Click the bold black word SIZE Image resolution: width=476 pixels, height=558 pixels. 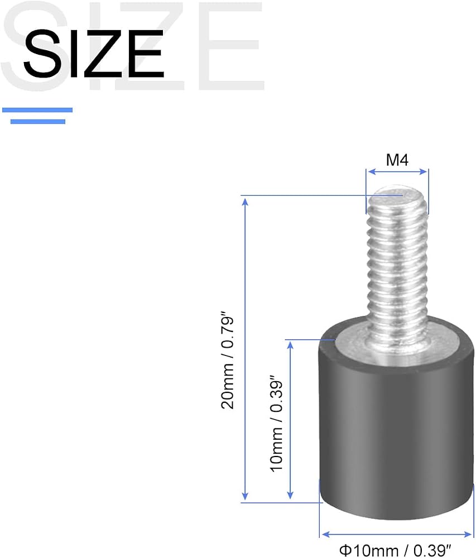click(94, 54)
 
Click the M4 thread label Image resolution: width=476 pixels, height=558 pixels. click(397, 160)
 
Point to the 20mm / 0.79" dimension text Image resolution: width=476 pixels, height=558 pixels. click(228, 360)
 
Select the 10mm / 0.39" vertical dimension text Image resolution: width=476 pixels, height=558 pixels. click(276, 424)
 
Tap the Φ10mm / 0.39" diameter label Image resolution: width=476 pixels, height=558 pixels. click(395, 551)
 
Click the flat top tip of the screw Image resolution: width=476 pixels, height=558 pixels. click(397, 193)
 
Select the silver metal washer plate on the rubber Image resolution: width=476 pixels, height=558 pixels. click(396, 347)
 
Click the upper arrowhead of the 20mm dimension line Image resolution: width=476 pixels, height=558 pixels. click(245, 201)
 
